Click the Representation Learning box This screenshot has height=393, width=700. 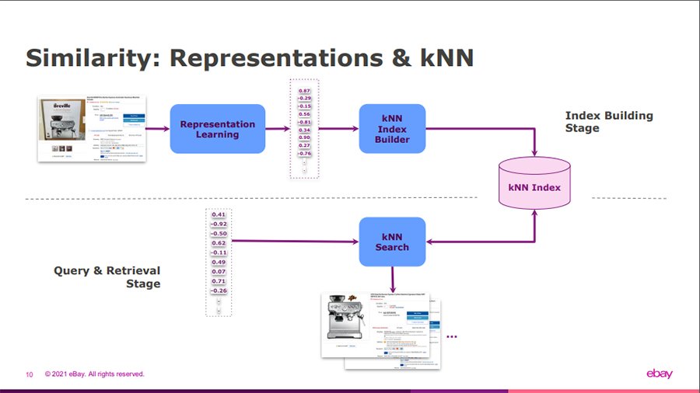pyautogui.click(x=217, y=129)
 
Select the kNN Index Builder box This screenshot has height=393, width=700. pyautogui.click(x=392, y=129)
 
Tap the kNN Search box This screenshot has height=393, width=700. pyautogui.click(x=392, y=242)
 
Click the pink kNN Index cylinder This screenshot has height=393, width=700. pyautogui.click(x=534, y=187)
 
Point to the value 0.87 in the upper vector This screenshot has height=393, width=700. pyautogui.click(x=304, y=92)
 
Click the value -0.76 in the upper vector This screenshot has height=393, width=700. pyautogui.click(x=304, y=154)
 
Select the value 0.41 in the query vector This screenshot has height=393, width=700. pyautogui.click(x=219, y=214)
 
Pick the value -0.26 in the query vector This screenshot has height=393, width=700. pyautogui.click(x=219, y=290)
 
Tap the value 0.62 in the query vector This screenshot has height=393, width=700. pyautogui.click(x=219, y=243)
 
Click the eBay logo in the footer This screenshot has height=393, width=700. pyautogui.click(x=660, y=374)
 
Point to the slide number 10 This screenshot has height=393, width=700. pyautogui.click(x=30, y=374)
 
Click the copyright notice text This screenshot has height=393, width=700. pyautogui.click(x=95, y=374)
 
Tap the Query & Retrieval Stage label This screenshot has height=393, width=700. pyautogui.click(x=107, y=277)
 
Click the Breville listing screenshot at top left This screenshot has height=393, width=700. pyautogui.click(x=93, y=129)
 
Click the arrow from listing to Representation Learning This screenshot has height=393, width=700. pyautogui.click(x=159, y=129)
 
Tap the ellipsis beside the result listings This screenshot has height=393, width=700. pyautogui.click(x=452, y=336)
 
